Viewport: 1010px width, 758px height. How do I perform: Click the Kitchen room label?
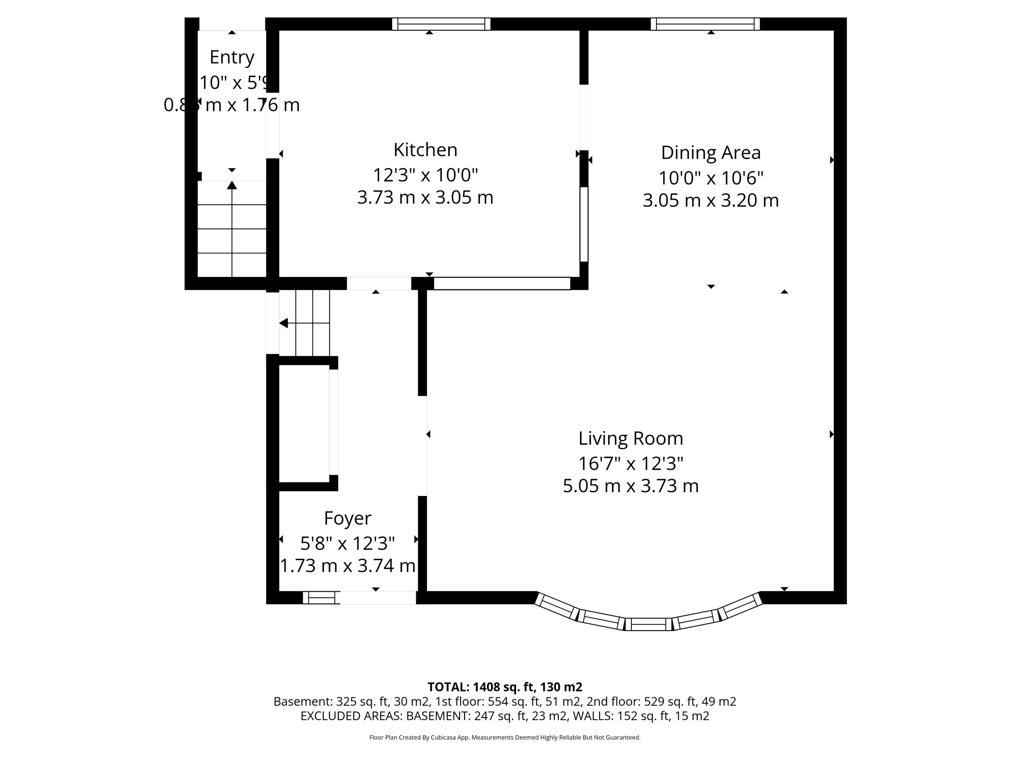[x=425, y=150]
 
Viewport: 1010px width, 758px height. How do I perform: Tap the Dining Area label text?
[x=710, y=152]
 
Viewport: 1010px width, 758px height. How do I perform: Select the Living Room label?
[x=630, y=438]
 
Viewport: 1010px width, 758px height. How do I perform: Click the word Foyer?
[x=347, y=518]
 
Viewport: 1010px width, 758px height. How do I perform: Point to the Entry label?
[x=232, y=57]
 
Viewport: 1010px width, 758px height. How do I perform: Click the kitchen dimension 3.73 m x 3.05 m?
[x=425, y=197]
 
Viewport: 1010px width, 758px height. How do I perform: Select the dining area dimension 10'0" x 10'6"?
[x=710, y=178]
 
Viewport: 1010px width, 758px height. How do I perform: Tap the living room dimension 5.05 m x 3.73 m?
[x=630, y=486]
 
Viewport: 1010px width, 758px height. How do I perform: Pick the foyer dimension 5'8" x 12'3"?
[x=347, y=543]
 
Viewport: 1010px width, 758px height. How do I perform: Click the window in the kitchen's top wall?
[x=441, y=24]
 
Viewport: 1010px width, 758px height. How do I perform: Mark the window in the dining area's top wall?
[x=705, y=24]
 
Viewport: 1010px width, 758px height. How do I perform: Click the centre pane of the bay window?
[x=649, y=624]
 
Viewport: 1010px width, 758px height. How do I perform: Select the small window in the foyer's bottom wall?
[x=321, y=598]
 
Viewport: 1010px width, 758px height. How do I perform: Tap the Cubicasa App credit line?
[x=505, y=738]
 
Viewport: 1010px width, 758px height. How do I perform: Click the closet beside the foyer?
[x=304, y=423]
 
